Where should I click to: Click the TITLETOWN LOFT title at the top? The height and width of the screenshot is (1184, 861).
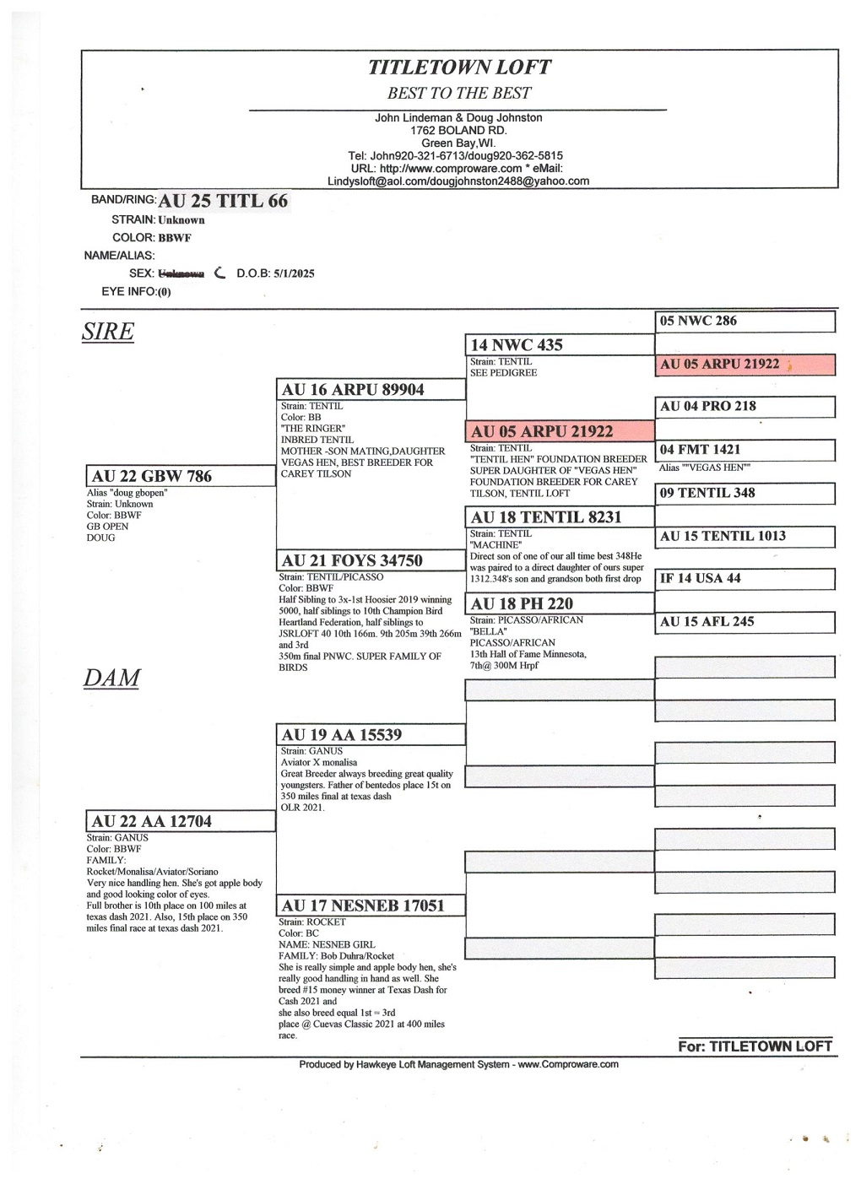pyautogui.click(x=459, y=68)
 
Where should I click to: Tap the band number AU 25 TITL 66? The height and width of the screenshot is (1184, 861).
pyautogui.click(x=223, y=201)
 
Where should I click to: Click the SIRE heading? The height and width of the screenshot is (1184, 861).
pyautogui.click(x=108, y=332)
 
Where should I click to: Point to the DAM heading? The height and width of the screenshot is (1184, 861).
pyautogui.click(x=111, y=678)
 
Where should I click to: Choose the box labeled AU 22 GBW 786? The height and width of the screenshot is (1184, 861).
pyautogui.click(x=180, y=476)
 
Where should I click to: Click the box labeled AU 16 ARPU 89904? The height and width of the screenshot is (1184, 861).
pyautogui.click(x=371, y=389)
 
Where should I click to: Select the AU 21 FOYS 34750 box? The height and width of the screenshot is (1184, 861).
pyautogui.click(x=371, y=560)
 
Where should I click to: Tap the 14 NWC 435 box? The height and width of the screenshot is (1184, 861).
pyautogui.click(x=560, y=344)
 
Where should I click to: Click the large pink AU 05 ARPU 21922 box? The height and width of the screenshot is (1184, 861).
pyautogui.click(x=560, y=431)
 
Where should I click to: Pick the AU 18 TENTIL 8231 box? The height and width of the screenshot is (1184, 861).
pyautogui.click(x=560, y=517)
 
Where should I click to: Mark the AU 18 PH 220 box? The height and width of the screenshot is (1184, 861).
pyautogui.click(x=560, y=603)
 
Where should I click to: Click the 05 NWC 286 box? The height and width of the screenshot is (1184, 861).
pyautogui.click(x=745, y=321)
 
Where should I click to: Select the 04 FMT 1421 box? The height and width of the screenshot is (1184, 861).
pyautogui.click(x=745, y=450)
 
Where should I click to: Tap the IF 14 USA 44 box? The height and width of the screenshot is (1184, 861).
pyautogui.click(x=745, y=578)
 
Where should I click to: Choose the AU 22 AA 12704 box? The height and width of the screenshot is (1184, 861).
pyautogui.click(x=180, y=821)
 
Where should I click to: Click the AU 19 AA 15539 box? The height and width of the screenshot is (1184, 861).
pyautogui.click(x=371, y=734)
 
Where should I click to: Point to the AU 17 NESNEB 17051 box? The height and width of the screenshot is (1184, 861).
pyautogui.click(x=371, y=906)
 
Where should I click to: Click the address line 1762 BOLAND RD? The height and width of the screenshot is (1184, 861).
pyautogui.click(x=458, y=131)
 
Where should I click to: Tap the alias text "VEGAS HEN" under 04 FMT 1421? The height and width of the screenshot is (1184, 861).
pyautogui.click(x=705, y=468)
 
